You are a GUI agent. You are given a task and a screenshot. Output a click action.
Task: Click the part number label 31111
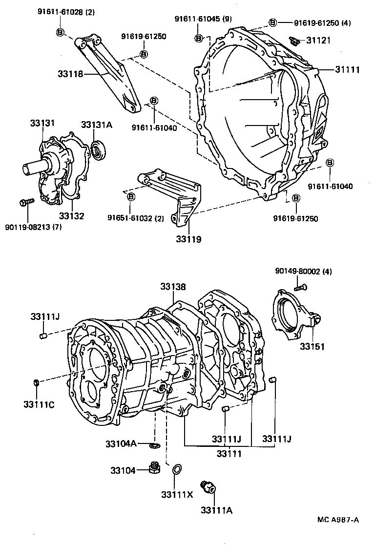click(347, 70)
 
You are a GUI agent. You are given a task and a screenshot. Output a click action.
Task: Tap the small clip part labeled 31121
click(294, 41)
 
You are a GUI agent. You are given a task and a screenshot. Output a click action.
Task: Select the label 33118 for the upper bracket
click(70, 74)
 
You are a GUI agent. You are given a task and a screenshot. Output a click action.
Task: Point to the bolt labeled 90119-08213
click(27, 201)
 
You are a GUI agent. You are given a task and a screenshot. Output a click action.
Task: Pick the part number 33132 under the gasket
click(72, 215)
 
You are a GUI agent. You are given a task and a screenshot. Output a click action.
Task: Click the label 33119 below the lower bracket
click(189, 240)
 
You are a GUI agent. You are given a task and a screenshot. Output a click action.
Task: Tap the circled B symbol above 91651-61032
click(131, 196)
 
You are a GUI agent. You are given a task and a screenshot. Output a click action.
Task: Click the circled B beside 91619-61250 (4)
click(273, 22)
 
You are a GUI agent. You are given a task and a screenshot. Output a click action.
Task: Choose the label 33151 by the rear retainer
click(312, 346)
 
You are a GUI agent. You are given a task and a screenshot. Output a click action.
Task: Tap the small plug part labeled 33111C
click(36, 382)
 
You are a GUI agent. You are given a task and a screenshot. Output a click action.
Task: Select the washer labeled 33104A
click(154, 444)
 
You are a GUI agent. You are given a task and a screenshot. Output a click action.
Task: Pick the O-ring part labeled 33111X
click(176, 470)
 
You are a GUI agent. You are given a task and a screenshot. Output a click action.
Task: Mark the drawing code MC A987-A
click(337, 520)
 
